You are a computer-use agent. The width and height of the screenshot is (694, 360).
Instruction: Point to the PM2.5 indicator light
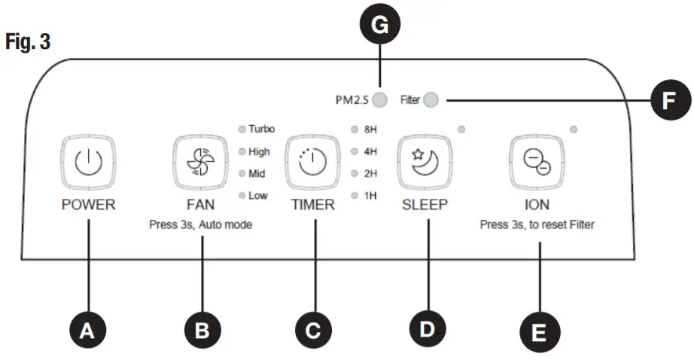(382, 99)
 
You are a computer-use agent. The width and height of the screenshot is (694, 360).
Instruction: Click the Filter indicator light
(431, 99)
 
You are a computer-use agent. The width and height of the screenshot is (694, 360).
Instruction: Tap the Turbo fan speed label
(261, 129)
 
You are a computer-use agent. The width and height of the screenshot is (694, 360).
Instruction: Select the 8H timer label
(370, 129)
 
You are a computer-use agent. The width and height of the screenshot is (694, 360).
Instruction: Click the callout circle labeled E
(540, 332)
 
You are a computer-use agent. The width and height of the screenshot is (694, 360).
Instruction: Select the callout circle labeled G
(381, 26)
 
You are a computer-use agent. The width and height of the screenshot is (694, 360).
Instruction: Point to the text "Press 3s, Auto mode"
(200, 224)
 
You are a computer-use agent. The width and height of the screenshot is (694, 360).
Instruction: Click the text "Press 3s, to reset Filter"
(537, 224)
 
